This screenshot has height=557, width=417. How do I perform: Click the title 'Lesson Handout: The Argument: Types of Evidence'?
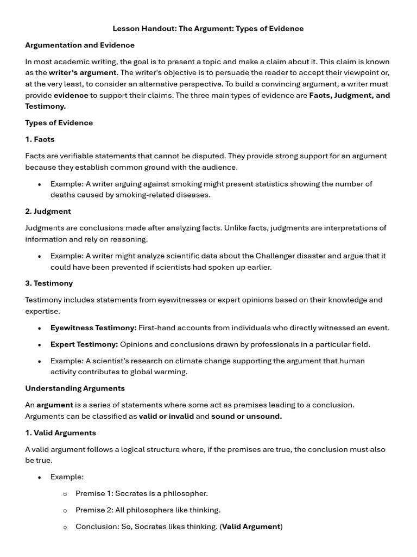208,28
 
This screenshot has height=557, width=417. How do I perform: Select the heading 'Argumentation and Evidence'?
80,45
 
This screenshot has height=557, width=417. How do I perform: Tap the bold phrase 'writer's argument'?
83,73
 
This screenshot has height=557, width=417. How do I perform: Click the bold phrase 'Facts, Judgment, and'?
349,95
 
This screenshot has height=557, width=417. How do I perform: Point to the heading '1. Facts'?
40,139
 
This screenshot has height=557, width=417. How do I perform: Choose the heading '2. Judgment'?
48,211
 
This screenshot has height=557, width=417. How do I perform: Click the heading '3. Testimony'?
49,283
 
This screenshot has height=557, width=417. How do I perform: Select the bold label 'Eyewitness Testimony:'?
93,328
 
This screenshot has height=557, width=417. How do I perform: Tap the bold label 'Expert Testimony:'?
84,344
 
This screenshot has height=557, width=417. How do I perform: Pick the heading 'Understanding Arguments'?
75,388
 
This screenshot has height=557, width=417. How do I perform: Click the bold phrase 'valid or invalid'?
166,417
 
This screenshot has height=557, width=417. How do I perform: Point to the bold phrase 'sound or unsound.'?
247,417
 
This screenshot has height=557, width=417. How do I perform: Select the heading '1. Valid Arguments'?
60,433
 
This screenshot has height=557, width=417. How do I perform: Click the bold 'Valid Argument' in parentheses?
251,527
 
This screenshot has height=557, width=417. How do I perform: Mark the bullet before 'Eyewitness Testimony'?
40,329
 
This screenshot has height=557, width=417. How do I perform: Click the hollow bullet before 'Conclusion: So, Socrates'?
65,527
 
